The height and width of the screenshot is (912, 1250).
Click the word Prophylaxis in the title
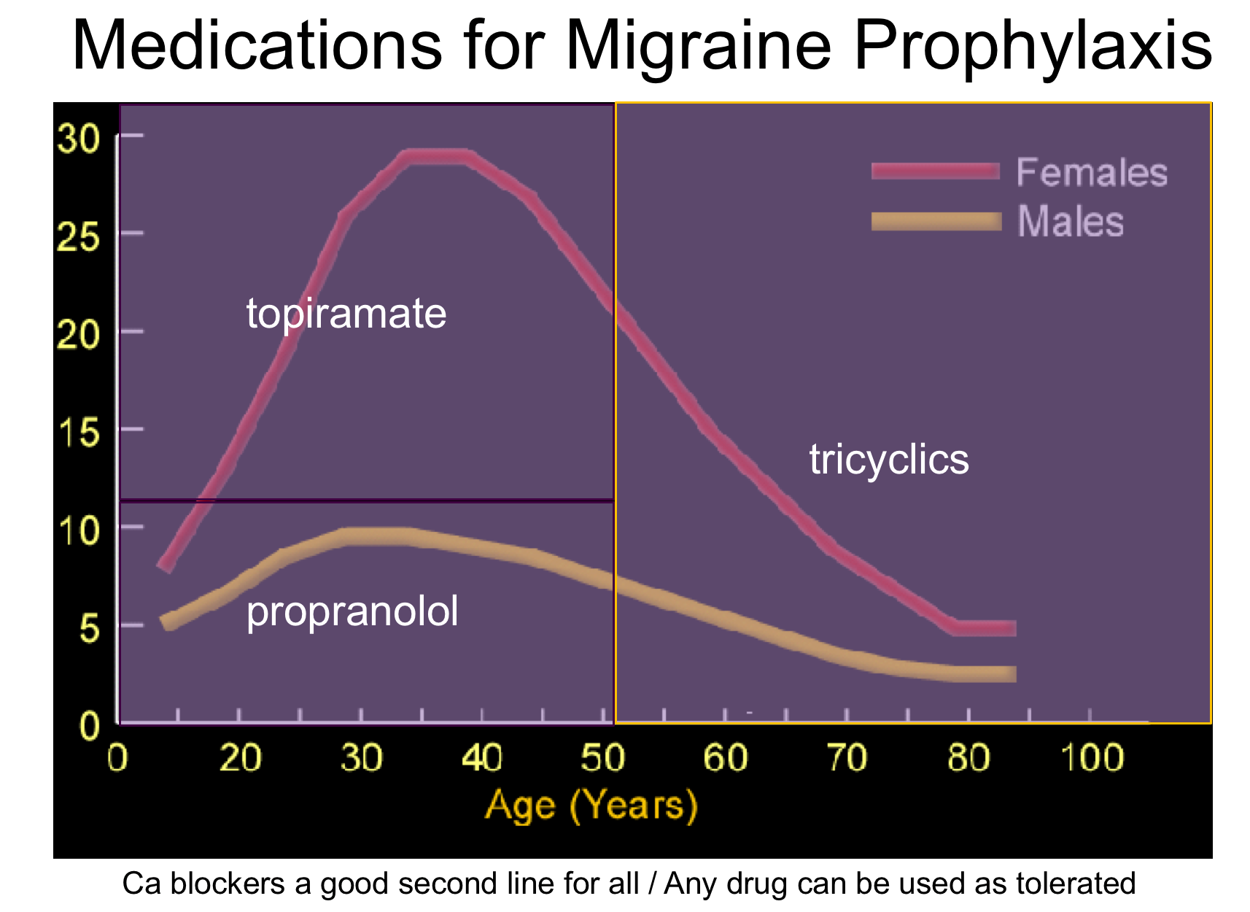[1032, 45]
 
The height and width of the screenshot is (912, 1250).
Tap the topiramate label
[346, 314]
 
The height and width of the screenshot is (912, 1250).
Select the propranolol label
[352, 611]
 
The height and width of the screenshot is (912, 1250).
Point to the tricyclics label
[889, 460]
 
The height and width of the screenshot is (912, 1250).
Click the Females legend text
[1092, 173]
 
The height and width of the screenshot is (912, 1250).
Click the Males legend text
[1070, 222]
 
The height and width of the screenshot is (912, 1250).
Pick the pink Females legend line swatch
[935, 171]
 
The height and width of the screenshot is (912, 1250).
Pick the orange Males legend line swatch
[935, 221]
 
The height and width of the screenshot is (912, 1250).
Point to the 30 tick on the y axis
[78, 139]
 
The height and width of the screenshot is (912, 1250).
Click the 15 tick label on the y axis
[78, 433]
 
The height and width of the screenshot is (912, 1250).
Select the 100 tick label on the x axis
[1091, 758]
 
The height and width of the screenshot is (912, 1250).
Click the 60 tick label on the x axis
[725, 758]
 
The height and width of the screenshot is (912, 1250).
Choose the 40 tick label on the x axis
[482, 758]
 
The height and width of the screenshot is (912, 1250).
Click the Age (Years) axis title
[591, 806]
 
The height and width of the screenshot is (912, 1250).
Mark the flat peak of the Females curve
[436, 157]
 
